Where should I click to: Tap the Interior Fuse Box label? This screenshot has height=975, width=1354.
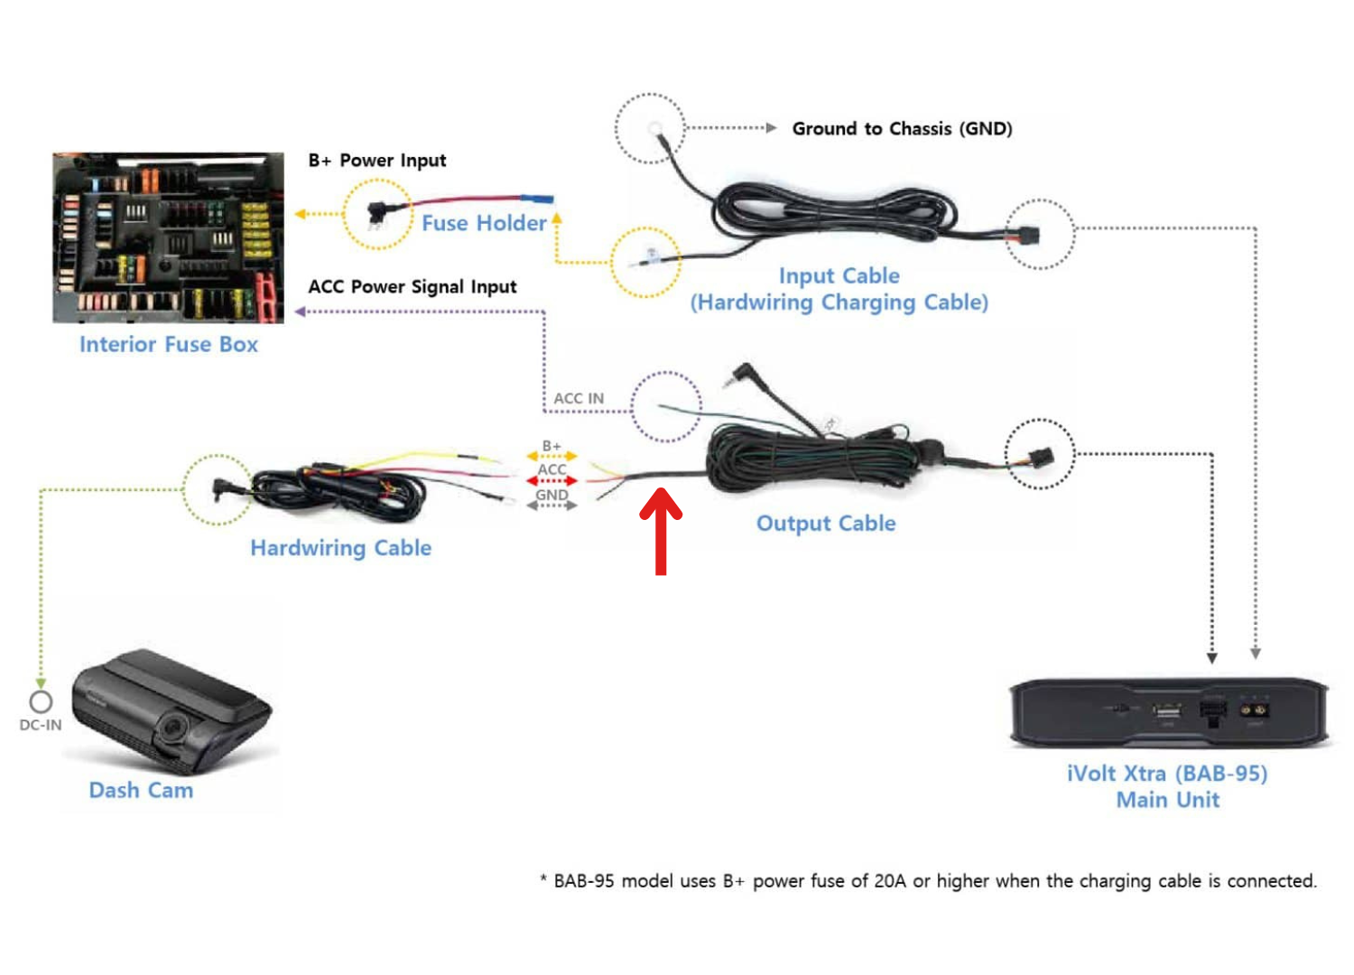click(169, 345)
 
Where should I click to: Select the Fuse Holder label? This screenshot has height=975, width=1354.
click(484, 223)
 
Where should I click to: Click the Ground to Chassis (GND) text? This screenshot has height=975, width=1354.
click(902, 129)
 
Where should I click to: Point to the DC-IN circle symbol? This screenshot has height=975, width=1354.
click(41, 701)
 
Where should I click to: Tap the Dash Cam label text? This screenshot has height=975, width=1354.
click(141, 791)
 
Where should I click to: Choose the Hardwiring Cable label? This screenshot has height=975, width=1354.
click(340, 548)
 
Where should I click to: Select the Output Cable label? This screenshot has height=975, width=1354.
click(826, 524)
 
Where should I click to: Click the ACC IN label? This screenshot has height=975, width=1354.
click(579, 398)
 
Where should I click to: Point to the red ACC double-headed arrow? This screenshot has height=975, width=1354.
click(552, 481)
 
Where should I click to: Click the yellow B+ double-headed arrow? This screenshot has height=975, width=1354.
click(552, 457)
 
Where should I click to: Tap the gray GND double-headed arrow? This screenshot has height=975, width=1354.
click(552, 506)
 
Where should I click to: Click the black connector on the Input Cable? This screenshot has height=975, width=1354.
click(1027, 237)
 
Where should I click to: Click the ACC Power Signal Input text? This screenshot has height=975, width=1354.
click(413, 287)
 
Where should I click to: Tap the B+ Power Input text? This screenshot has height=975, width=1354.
click(377, 161)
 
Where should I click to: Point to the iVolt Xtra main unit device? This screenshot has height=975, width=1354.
click(1168, 712)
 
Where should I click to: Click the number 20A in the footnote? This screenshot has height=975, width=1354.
click(889, 881)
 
